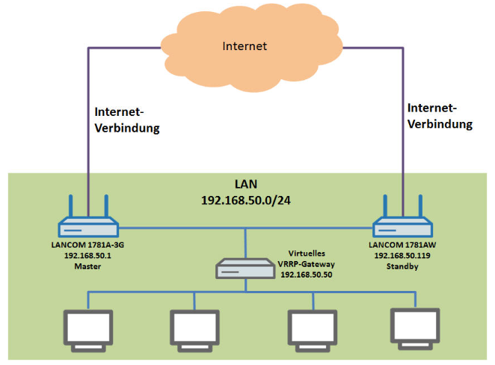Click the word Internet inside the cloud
click(x=245, y=46)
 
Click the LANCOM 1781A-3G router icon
click(x=88, y=224)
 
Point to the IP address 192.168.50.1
click(x=88, y=254)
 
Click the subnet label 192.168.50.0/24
click(x=246, y=201)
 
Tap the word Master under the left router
click(x=88, y=265)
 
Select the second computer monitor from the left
click(x=194, y=328)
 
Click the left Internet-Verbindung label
click(x=128, y=120)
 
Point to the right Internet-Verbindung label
click(x=440, y=117)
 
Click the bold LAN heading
click(x=246, y=184)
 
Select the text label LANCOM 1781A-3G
click(x=88, y=244)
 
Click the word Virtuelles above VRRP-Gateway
click(x=309, y=254)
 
